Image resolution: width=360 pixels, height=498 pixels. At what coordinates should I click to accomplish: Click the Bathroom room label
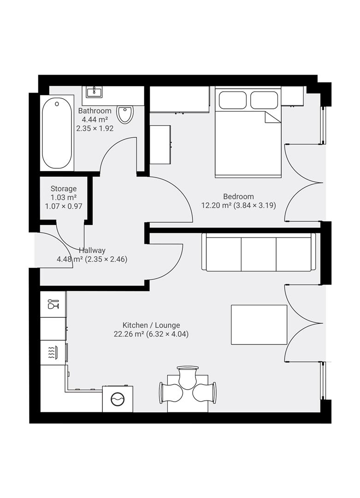(x=94, y=111)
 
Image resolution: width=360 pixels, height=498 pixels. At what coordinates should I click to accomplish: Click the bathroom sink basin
(x=94, y=91)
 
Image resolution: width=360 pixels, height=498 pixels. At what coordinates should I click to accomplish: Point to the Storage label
(x=64, y=189)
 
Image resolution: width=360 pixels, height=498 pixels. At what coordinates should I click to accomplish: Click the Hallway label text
(x=92, y=250)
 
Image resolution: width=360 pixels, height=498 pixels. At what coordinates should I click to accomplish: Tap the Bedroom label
(x=238, y=196)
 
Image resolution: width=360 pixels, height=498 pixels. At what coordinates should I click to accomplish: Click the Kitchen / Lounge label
(x=151, y=325)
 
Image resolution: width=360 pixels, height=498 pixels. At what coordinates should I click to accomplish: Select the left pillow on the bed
(x=233, y=100)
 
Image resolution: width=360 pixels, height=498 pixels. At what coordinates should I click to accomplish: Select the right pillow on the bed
(x=264, y=100)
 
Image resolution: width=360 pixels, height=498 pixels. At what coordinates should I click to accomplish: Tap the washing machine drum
(x=118, y=398)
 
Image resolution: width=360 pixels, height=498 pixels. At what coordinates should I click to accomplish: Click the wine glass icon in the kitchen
(x=53, y=304)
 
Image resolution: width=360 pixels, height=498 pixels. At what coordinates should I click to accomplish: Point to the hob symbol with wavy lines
(x=53, y=353)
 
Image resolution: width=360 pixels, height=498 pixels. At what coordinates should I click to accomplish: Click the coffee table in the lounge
(x=259, y=324)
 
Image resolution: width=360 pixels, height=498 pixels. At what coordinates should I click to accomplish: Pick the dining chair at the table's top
(x=188, y=377)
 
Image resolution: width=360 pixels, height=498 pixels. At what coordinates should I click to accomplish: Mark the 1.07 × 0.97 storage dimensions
(x=64, y=206)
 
